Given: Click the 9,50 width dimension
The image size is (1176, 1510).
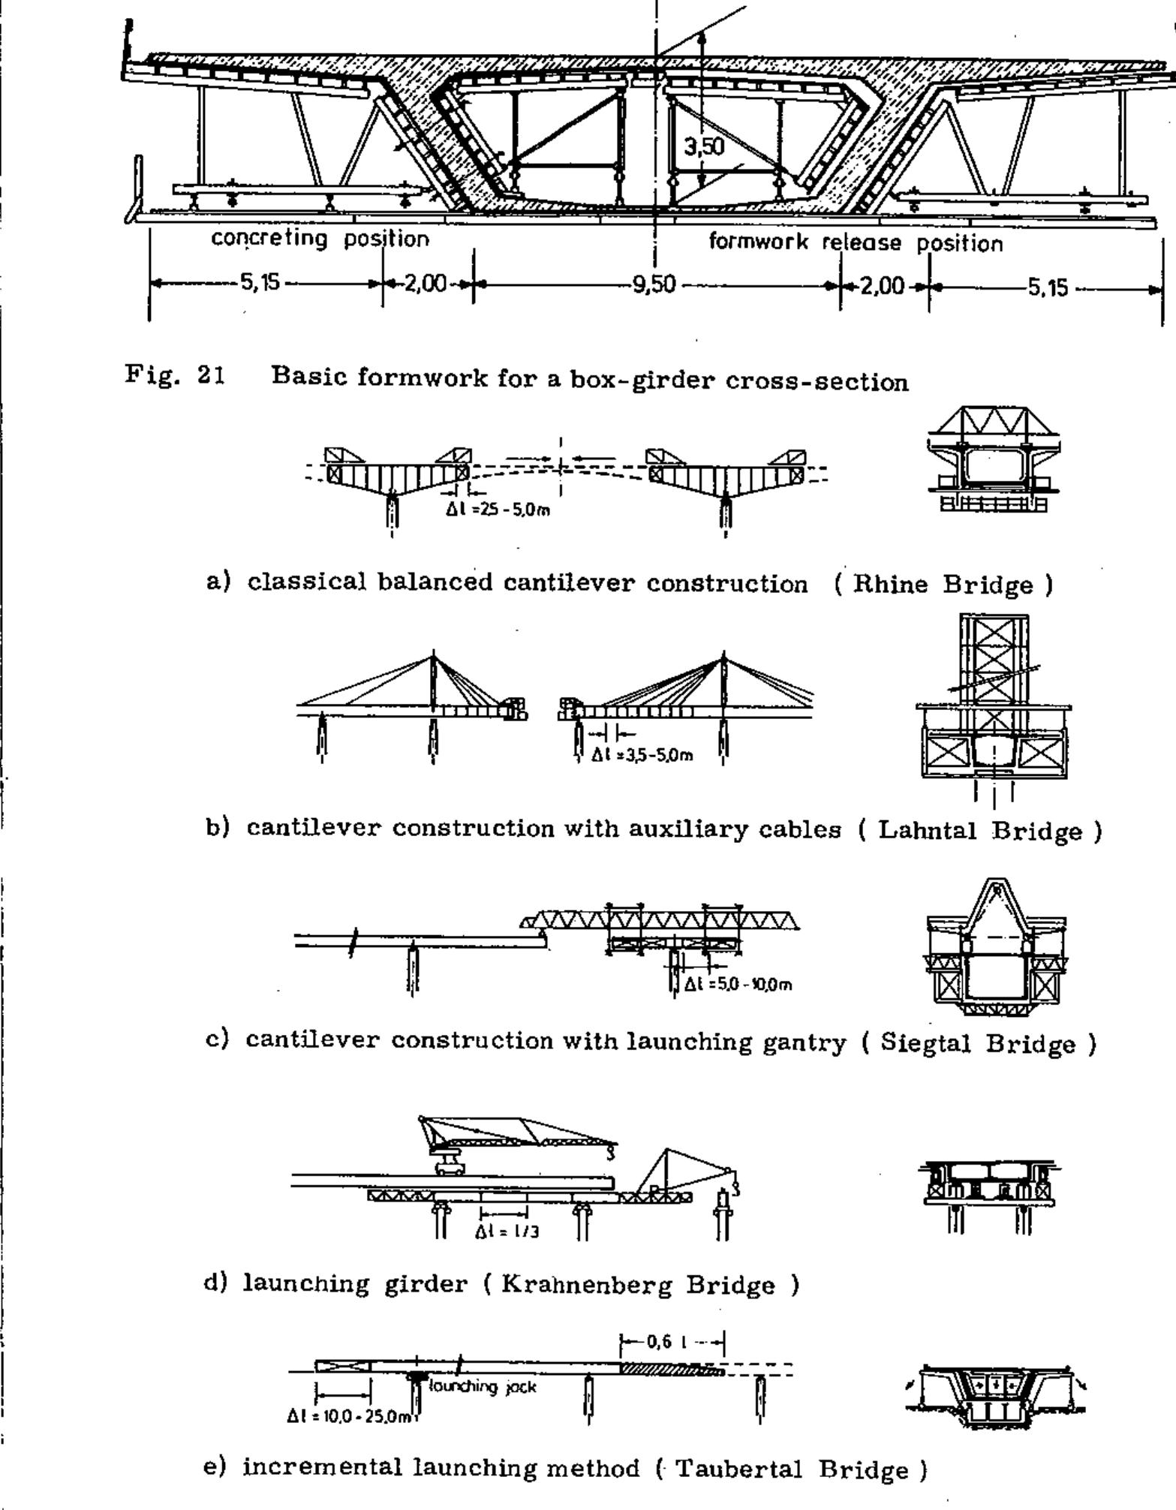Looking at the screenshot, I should click(x=653, y=285).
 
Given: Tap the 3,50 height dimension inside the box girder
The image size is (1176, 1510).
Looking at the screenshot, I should click(x=704, y=146).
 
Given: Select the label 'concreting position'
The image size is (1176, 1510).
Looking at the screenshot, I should click(x=320, y=239).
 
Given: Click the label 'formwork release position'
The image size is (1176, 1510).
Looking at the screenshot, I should click(x=856, y=242).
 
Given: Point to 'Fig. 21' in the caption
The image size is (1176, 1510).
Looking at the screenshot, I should click(x=175, y=374).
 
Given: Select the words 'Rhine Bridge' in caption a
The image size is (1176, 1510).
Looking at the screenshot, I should click(x=943, y=584).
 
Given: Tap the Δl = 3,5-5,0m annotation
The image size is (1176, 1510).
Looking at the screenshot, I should click(x=642, y=755).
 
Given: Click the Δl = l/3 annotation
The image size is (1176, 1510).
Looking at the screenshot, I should click(x=507, y=1232).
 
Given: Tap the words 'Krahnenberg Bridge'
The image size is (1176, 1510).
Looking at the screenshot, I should click(x=638, y=1284).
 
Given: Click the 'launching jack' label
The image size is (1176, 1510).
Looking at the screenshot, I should click(x=483, y=1387).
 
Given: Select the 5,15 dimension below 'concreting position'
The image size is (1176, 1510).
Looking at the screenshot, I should click(x=259, y=283).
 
